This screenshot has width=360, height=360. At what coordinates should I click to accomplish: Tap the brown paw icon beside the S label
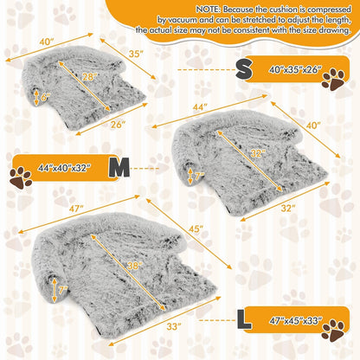click(333, 80)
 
